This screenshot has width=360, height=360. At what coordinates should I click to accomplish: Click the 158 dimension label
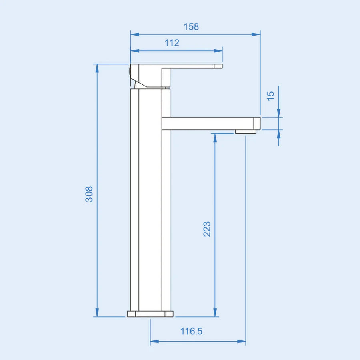click(x=191, y=27)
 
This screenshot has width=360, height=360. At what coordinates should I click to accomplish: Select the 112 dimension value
click(x=172, y=43)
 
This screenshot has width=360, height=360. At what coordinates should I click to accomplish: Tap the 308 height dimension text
click(x=89, y=194)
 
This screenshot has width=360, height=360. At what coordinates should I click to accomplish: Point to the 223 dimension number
click(x=207, y=229)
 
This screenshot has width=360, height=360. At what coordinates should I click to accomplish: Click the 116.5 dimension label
click(x=191, y=331)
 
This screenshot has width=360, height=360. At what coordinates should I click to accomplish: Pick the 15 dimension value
click(x=271, y=95)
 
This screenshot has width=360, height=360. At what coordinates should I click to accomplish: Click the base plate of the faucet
click(x=150, y=314)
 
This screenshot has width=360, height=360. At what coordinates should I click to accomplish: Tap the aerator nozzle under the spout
click(x=246, y=131)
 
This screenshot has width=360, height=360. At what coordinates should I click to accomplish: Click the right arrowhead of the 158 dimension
click(x=256, y=35)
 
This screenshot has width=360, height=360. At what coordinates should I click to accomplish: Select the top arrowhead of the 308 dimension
click(x=96, y=68)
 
